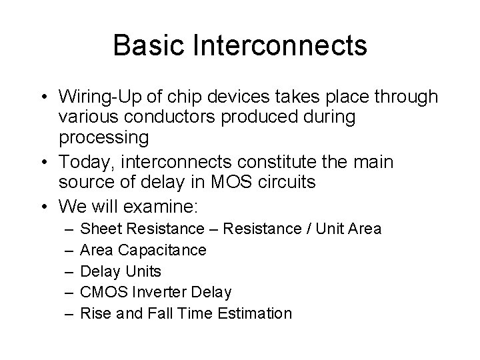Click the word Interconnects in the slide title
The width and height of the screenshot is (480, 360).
[280, 46]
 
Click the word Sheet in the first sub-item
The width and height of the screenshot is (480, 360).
[98, 229]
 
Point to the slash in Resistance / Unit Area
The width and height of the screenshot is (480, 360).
[309, 229]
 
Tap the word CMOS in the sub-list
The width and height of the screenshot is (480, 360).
[101, 292]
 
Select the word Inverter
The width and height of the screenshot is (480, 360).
[157, 292]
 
